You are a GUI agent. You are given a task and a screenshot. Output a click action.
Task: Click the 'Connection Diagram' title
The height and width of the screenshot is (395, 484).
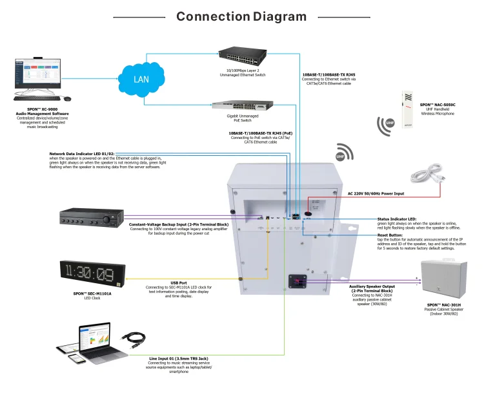tap(241, 16)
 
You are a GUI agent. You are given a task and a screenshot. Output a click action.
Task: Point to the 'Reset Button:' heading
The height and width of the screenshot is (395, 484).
tap(391, 235)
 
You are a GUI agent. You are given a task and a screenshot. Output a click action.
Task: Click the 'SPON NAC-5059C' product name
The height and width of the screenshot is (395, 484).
tap(437, 104)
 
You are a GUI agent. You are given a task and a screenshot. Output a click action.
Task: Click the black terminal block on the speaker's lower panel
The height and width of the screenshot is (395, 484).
tap(297, 282)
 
